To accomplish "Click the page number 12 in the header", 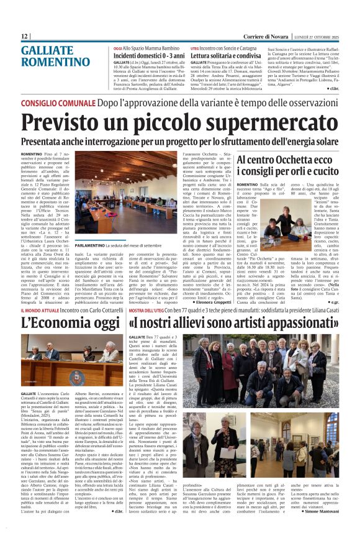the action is pos(25,37).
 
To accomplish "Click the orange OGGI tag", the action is pos(118,48).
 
